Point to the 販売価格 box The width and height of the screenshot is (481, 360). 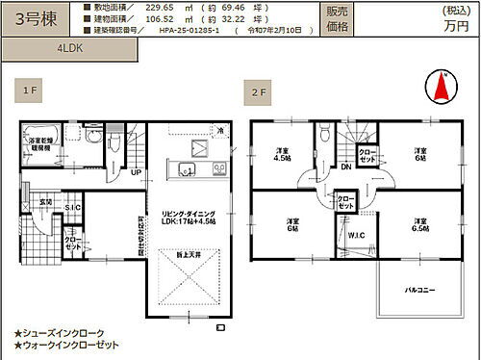(x=337, y=19)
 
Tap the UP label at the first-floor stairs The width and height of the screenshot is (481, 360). (x=136, y=172)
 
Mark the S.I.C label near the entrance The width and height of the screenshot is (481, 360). (x=72, y=208)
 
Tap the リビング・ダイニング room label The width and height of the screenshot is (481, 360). (x=187, y=214)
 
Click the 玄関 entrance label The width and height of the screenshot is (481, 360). (x=45, y=200)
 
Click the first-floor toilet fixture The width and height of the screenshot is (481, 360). (x=114, y=143)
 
